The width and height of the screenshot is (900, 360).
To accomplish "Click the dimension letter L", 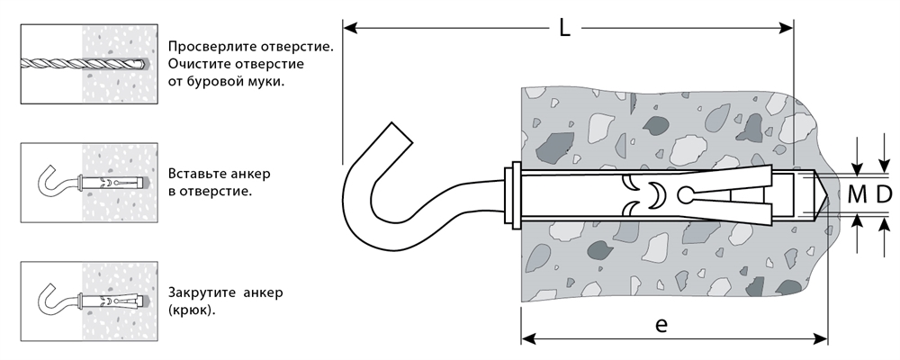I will tap(564, 29).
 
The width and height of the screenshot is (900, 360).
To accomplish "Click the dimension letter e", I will tap(661, 325).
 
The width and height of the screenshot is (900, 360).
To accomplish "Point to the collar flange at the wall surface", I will tap(514, 193).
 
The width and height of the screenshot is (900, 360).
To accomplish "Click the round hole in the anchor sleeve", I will tap(686, 193).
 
